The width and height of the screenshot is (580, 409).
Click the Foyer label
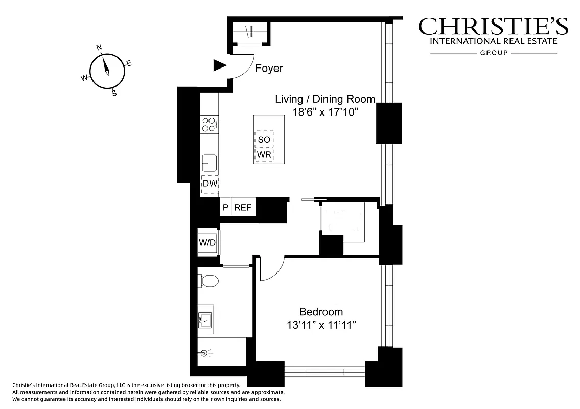[269, 69]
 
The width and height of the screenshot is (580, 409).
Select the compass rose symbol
[107, 71]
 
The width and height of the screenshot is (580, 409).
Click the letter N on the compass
[99, 48]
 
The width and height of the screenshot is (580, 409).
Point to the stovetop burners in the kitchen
[208, 124]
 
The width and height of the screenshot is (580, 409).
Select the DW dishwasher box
[210, 184]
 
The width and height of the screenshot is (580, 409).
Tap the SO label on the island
[264, 139]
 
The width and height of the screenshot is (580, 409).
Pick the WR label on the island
[264, 154]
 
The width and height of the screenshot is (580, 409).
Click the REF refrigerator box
[243, 207]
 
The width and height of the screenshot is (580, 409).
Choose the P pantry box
[225, 207]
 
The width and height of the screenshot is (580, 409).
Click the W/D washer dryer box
[207, 243]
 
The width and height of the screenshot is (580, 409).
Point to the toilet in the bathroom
[209, 280]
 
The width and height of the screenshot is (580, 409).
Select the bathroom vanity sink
[205, 320]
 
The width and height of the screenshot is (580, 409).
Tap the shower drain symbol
[205, 352]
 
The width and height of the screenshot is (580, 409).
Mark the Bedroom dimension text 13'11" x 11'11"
[321, 325]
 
